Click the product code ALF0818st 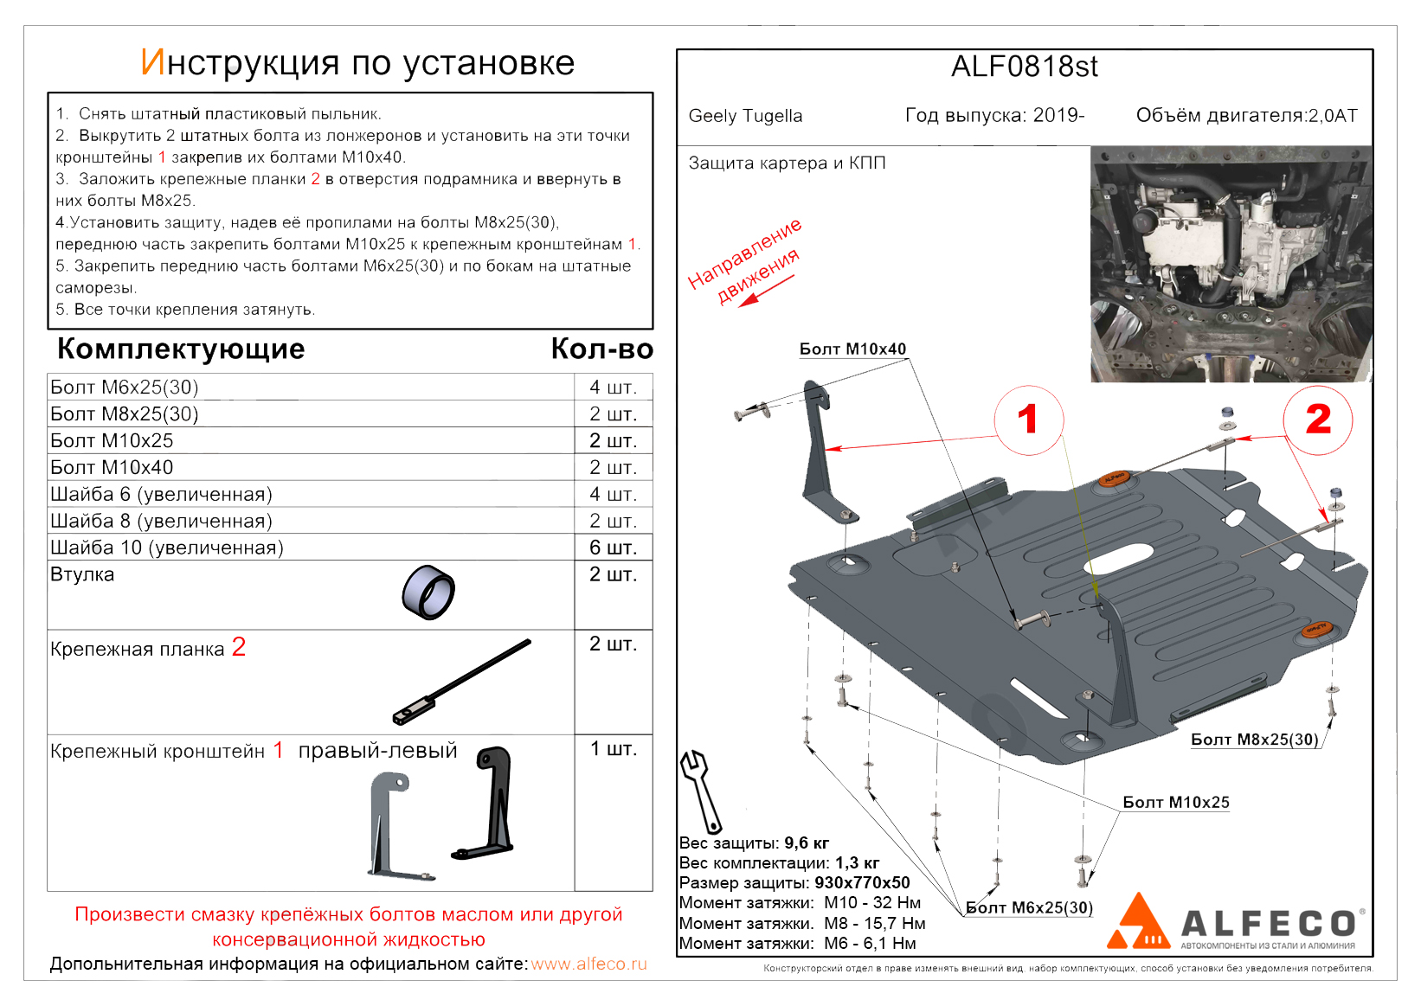coord(1024,67)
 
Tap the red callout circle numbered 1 coord(1028,420)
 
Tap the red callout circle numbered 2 coord(1317,420)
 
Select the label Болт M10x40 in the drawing coord(852,349)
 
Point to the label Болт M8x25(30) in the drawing coord(1254,740)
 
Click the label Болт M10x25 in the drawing coord(1175,803)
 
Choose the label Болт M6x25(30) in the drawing coord(1029,908)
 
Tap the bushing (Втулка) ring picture coord(428,593)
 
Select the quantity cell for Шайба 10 coord(613,548)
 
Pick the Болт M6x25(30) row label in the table coord(125,388)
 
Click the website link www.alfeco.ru coord(588,964)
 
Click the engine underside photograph coord(1231,264)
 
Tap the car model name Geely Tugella coord(745,116)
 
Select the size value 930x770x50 coord(862,883)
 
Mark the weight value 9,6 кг coord(807,843)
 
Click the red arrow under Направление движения coord(765,292)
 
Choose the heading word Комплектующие coord(181,349)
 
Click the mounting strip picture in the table coord(462,682)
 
